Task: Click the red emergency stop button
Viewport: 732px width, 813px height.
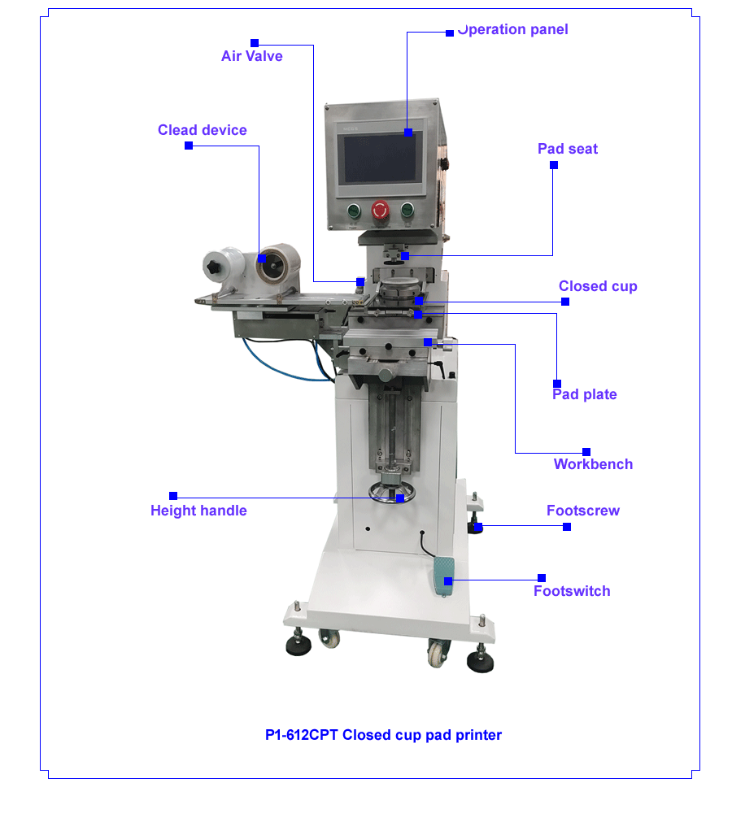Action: click(380, 210)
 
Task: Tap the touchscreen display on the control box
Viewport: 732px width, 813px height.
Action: click(381, 158)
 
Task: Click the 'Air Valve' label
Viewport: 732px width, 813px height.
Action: click(251, 56)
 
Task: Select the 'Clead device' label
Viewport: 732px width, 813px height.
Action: click(203, 129)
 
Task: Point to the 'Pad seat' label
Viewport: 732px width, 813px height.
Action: click(568, 149)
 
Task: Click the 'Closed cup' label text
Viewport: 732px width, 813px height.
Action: click(598, 286)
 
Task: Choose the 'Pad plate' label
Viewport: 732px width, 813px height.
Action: click(585, 394)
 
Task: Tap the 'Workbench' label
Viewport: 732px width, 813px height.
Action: click(593, 464)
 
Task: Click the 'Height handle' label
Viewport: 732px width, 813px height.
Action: click(198, 511)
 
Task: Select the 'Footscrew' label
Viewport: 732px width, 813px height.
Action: click(583, 511)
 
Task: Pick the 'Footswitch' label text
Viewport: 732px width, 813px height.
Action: click(572, 591)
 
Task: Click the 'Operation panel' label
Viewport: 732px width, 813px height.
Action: click(513, 29)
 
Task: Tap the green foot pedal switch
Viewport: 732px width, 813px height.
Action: click(443, 576)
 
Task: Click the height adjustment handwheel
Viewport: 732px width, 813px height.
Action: click(392, 493)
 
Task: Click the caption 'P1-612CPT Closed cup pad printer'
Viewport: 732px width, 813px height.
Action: click(383, 735)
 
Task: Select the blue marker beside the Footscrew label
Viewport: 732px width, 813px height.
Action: click(567, 527)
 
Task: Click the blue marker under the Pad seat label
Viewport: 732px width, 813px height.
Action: click(554, 165)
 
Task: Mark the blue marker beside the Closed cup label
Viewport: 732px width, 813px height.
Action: click(565, 302)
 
